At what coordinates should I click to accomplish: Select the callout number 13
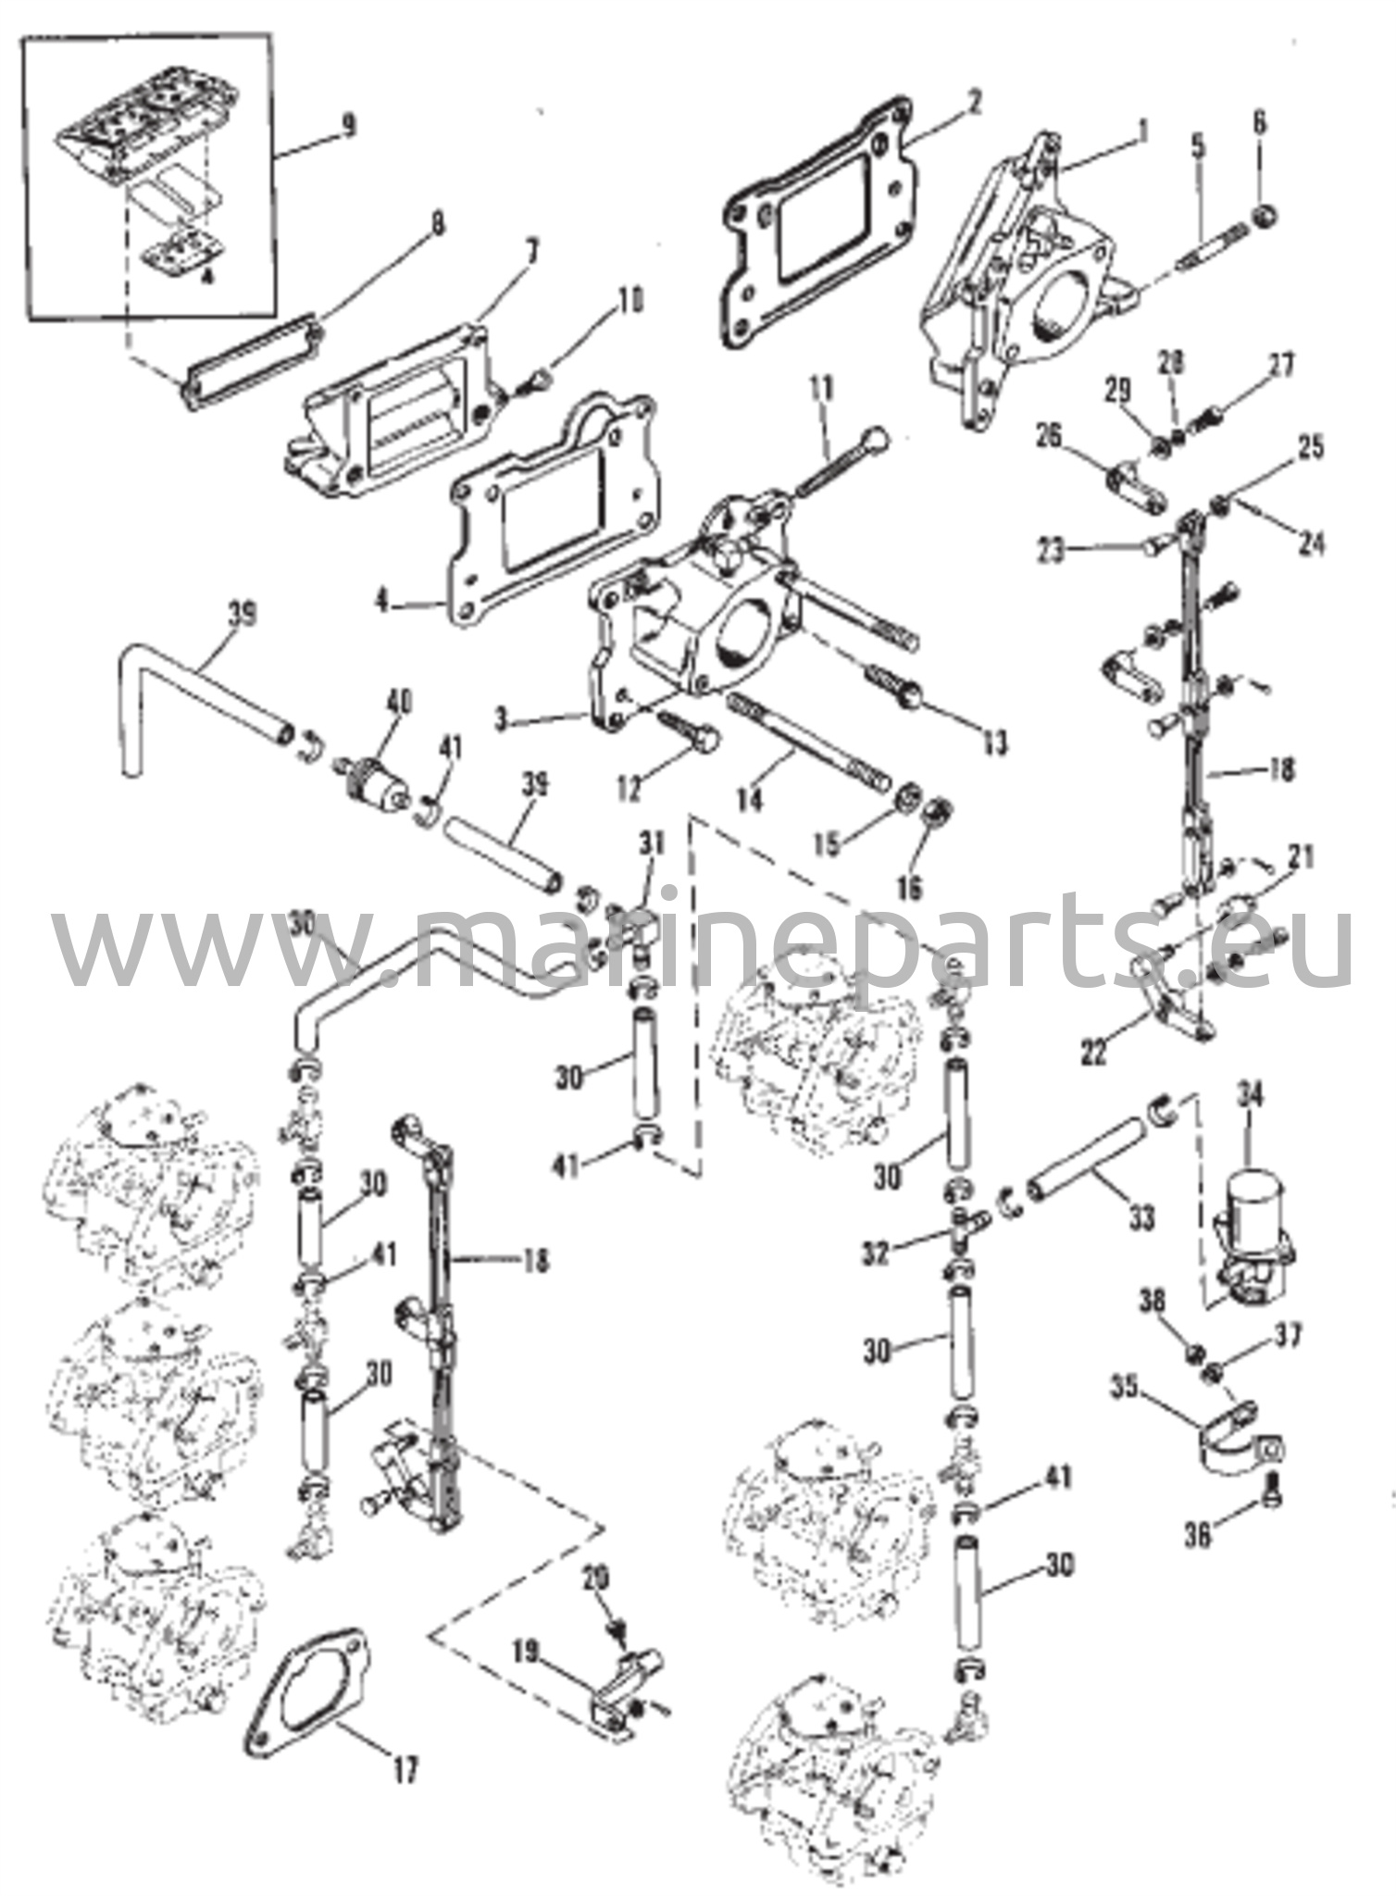(x=994, y=743)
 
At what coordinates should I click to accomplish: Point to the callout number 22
(x=1094, y=1053)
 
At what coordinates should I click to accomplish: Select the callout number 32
(x=876, y=1254)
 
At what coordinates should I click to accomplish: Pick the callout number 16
(x=910, y=888)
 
